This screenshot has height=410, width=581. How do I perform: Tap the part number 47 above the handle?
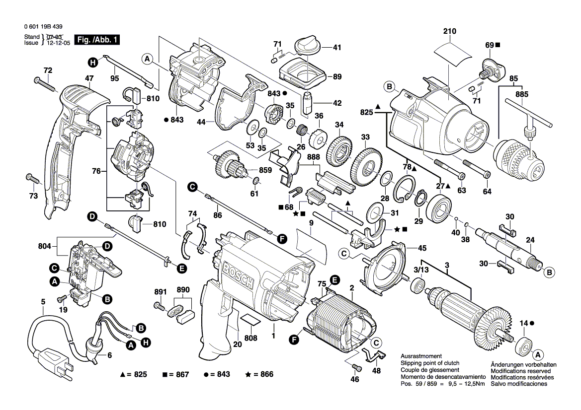pyautogui.click(x=89, y=78)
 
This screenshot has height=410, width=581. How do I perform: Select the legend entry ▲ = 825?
pyautogui.click(x=134, y=374)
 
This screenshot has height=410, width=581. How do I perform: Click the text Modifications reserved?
pyautogui.click(x=520, y=371)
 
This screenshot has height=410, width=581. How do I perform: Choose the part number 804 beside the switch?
pyautogui.click(x=45, y=245)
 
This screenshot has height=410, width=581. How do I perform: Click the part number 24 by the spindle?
pyautogui.click(x=530, y=240)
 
